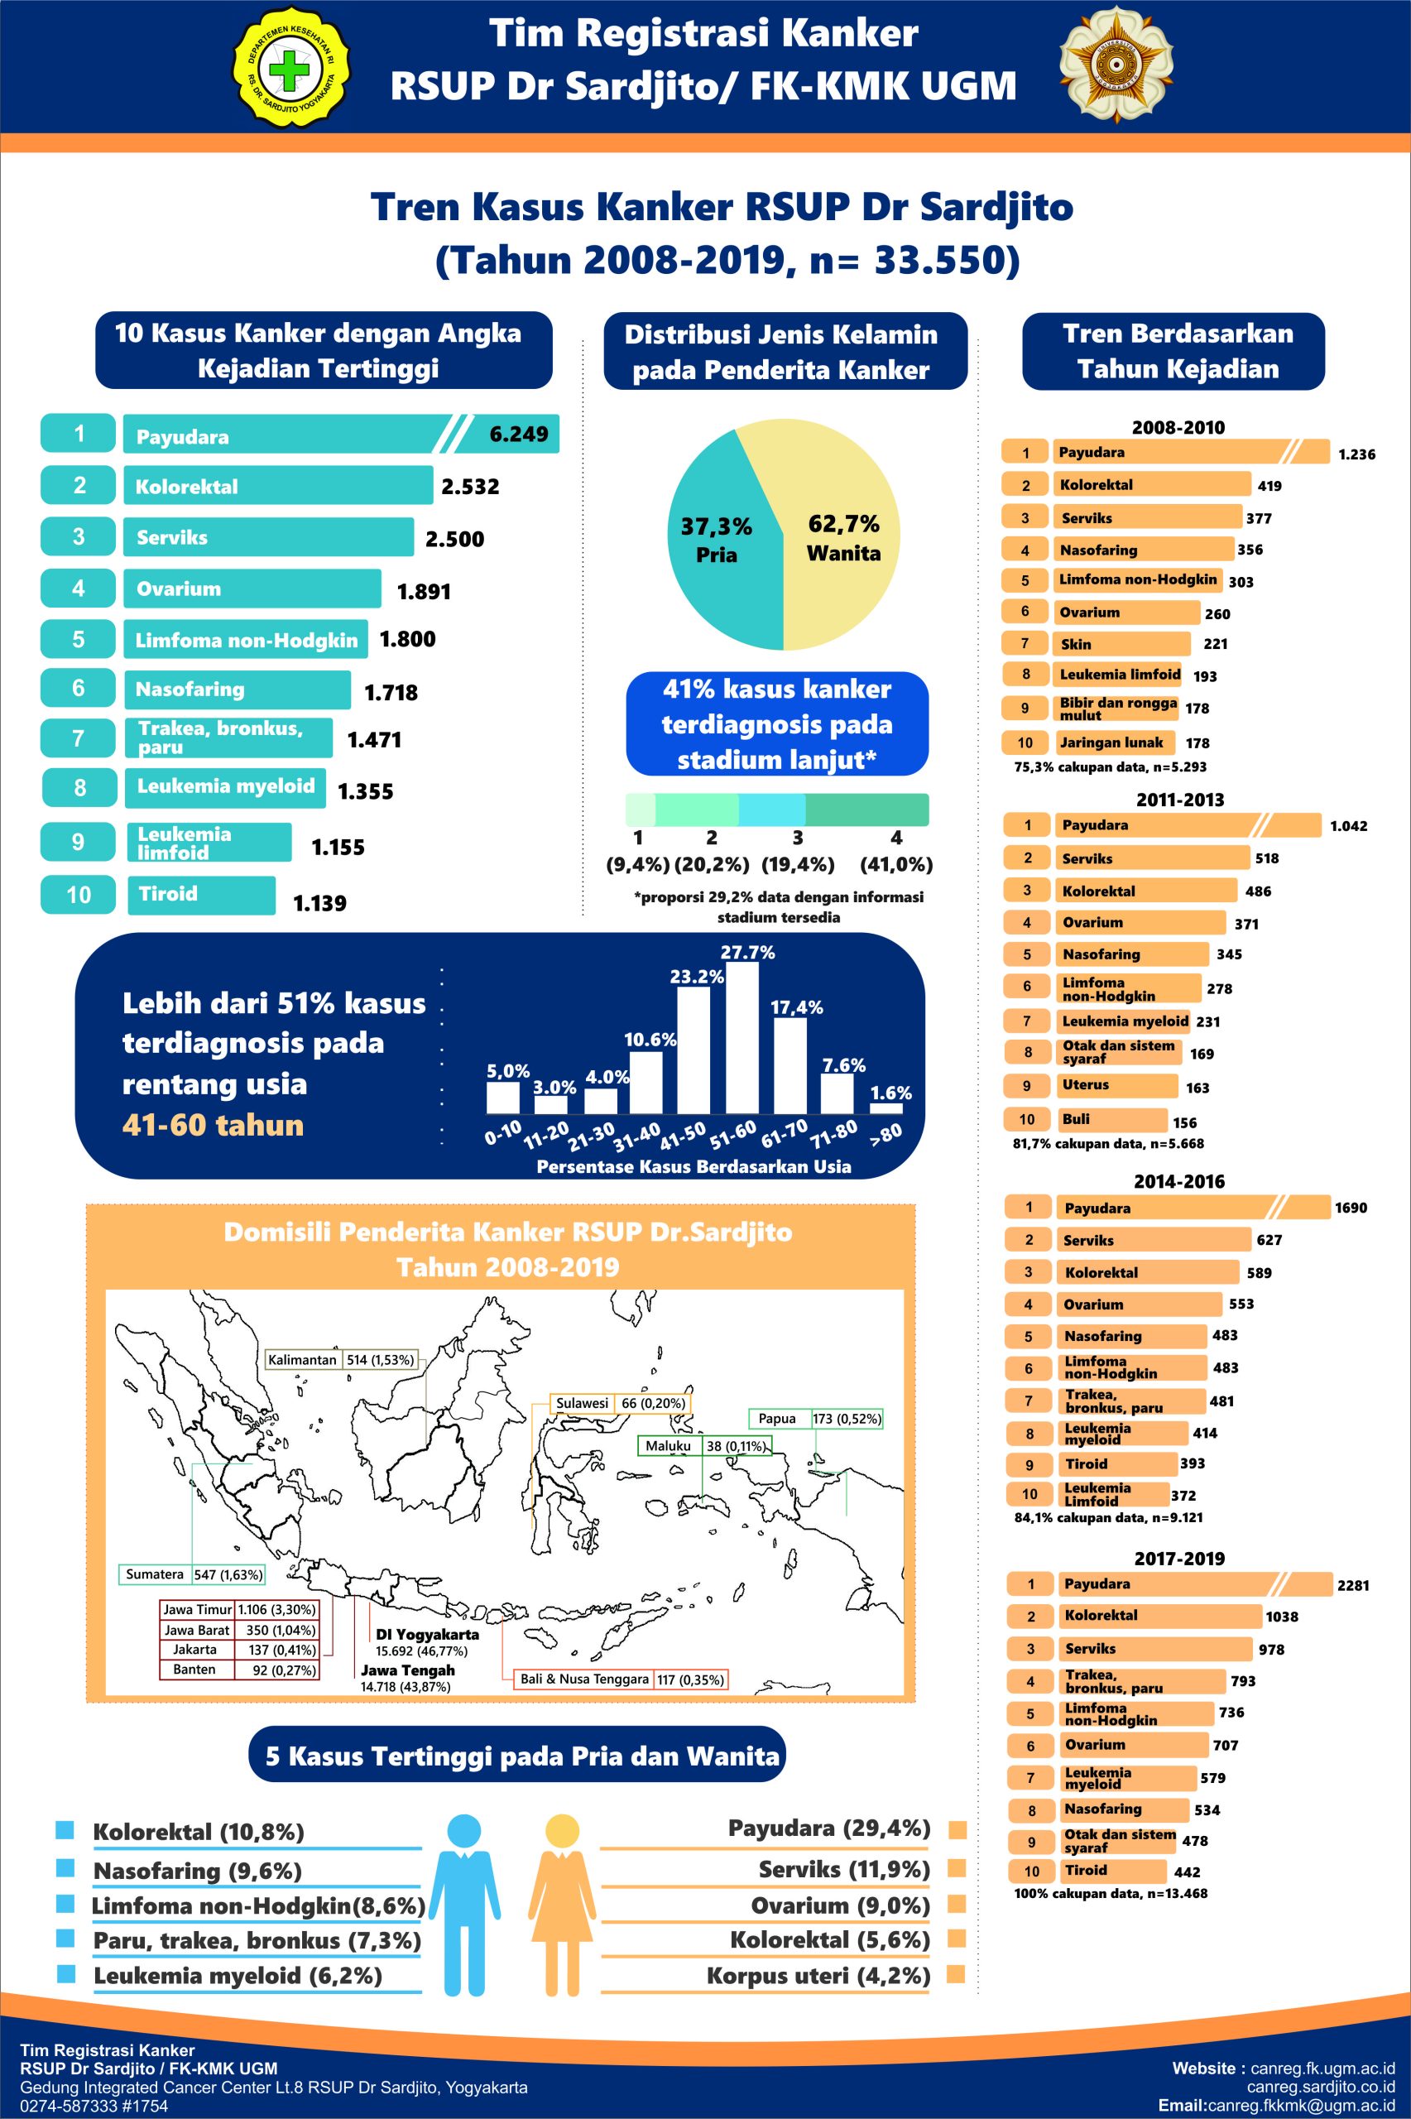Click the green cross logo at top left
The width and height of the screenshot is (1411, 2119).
click(x=290, y=70)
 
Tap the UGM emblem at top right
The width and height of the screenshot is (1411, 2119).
click(x=1116, y=68)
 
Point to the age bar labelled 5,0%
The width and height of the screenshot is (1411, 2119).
click(x=503, y=1097)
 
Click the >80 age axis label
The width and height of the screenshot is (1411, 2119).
click(x=885, y=1133)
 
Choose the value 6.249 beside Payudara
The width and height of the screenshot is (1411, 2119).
click(x=518, y=435)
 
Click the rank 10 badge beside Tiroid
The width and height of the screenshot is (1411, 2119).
click(x=79, y=895)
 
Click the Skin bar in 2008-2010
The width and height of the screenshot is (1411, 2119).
click(x=1121, y=644)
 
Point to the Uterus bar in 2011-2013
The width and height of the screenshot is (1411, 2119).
click(x=1116, y=1085)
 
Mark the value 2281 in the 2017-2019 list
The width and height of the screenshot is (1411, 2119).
click(x=1352, y=1585)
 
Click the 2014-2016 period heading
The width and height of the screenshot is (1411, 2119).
click(x=1178, y=1181)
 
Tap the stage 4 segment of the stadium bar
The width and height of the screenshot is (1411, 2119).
click(x=866, y=810)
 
